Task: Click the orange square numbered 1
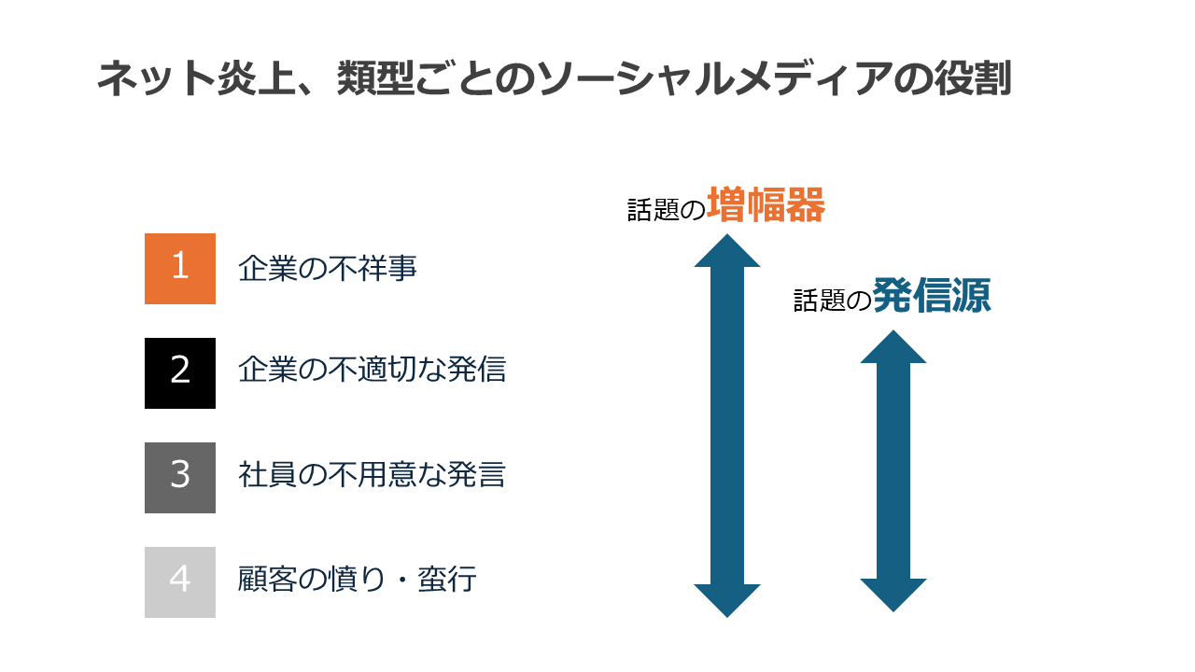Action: click(x=180, y=269)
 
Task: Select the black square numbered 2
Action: click(x=180, y=373)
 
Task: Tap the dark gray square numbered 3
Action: click(x=180, y=478)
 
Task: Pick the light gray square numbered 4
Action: click(x=180, y=582)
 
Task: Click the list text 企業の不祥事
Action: click(x=328, y=269)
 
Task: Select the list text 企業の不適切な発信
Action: click(x=372, y=371)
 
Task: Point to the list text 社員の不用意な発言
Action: click(x=372, y=475)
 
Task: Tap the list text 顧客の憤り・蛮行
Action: click(x=358, y=580)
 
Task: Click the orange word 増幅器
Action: click(x=766, y=205)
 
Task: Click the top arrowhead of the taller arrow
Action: click(x=727, y=252)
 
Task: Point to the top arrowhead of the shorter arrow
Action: click(x=893, y=347)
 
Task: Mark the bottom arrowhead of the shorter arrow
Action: click(x=893, y=595)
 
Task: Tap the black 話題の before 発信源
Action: click(x=831, y=301)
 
